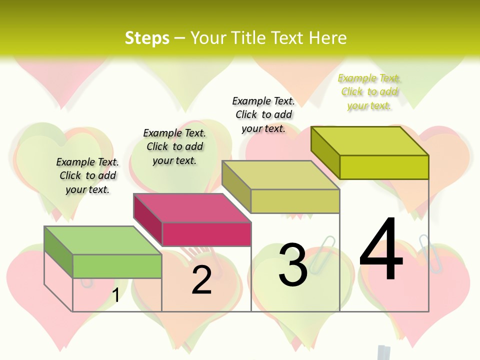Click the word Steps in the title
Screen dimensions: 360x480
pos(147,38)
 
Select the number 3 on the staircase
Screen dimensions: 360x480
pos(292,265)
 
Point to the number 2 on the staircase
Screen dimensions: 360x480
pos(201,280)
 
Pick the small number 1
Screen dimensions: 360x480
pos(115,295)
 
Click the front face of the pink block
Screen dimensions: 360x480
pos(206,234)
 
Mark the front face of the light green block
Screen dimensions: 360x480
pos(117,266)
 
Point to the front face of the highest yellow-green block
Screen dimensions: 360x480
pos(384,167)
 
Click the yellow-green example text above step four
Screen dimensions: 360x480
pos(369,92)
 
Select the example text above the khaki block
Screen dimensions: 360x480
pos(263,114)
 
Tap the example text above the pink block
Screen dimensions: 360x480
pos(174,146)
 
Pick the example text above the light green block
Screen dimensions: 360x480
pos(87,175)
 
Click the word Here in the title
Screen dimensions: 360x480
pos(327,38)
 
